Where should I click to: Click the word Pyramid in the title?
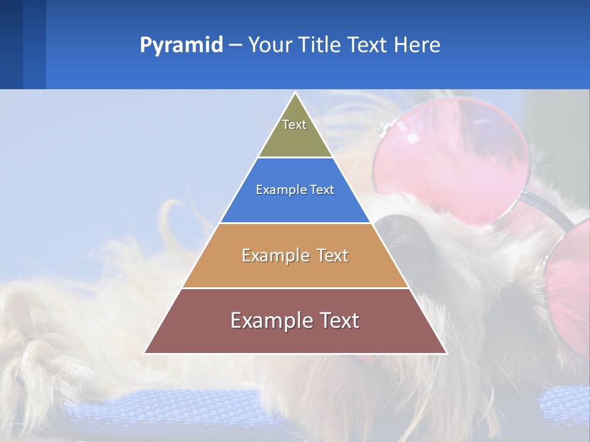[181, 45]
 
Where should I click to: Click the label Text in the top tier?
[294, 125]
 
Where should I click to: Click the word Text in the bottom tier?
[336, 320]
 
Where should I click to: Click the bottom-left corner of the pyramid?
[144, 353]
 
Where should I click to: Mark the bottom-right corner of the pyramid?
[446, 353]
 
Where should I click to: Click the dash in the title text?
[235, 45]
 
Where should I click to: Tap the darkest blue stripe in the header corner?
[11, 44]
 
